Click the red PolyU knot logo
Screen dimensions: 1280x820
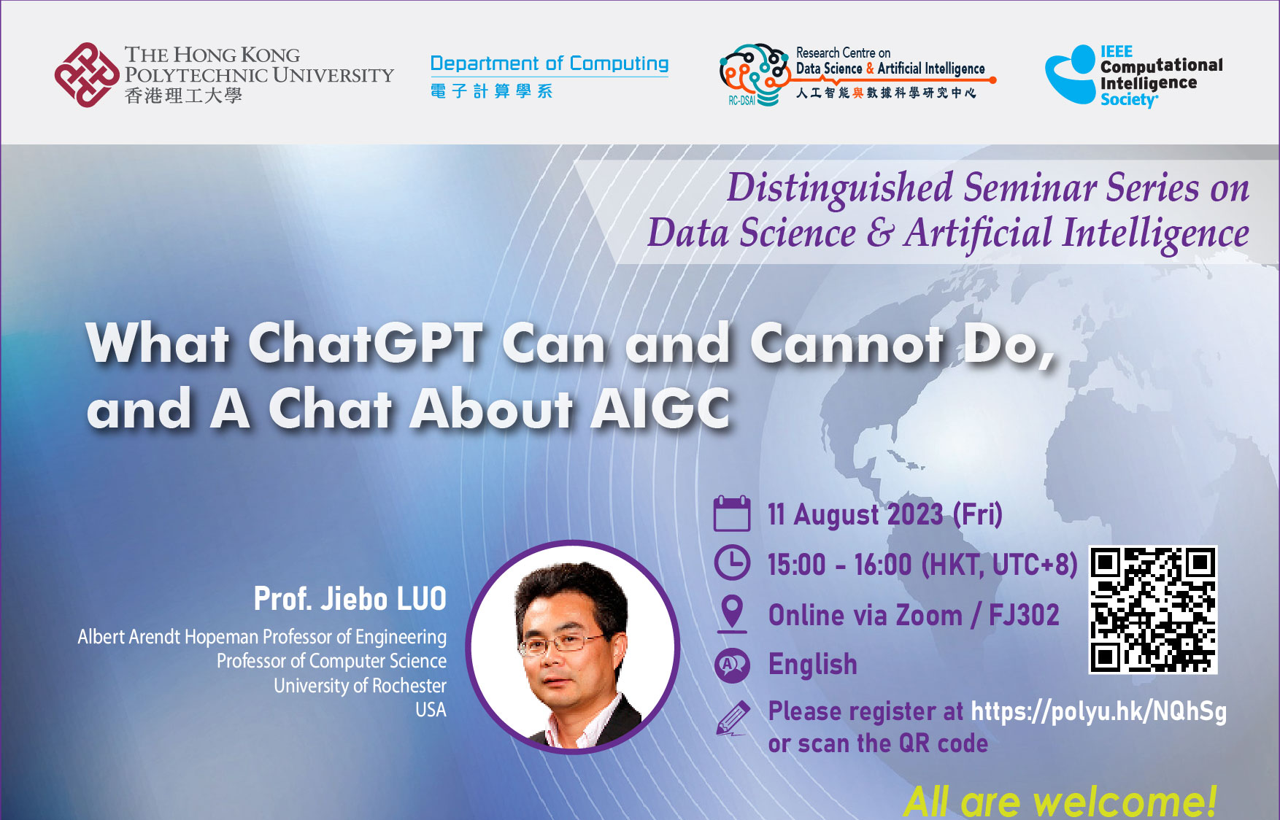(87, 74)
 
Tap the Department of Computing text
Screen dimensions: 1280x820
(549, 63)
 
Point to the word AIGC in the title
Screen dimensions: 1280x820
(660, 408)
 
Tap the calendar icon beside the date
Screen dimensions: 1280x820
(731, 514)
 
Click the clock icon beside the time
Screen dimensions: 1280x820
(731, 563)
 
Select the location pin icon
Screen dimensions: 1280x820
(731, 614)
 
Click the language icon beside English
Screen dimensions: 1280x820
(731, 665)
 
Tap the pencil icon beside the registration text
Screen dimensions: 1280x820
(733, 718)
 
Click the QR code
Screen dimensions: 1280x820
(1153, 610)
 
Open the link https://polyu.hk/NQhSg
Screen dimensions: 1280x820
(1098, 711)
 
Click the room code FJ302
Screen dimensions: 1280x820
(1024, 615)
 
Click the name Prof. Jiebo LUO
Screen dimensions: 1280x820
(350, 599)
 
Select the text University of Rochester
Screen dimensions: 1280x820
(360, 686)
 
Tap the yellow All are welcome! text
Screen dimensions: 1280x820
(1060, 801)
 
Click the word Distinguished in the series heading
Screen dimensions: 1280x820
(840, 188)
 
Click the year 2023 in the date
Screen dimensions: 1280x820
(915, 514)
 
